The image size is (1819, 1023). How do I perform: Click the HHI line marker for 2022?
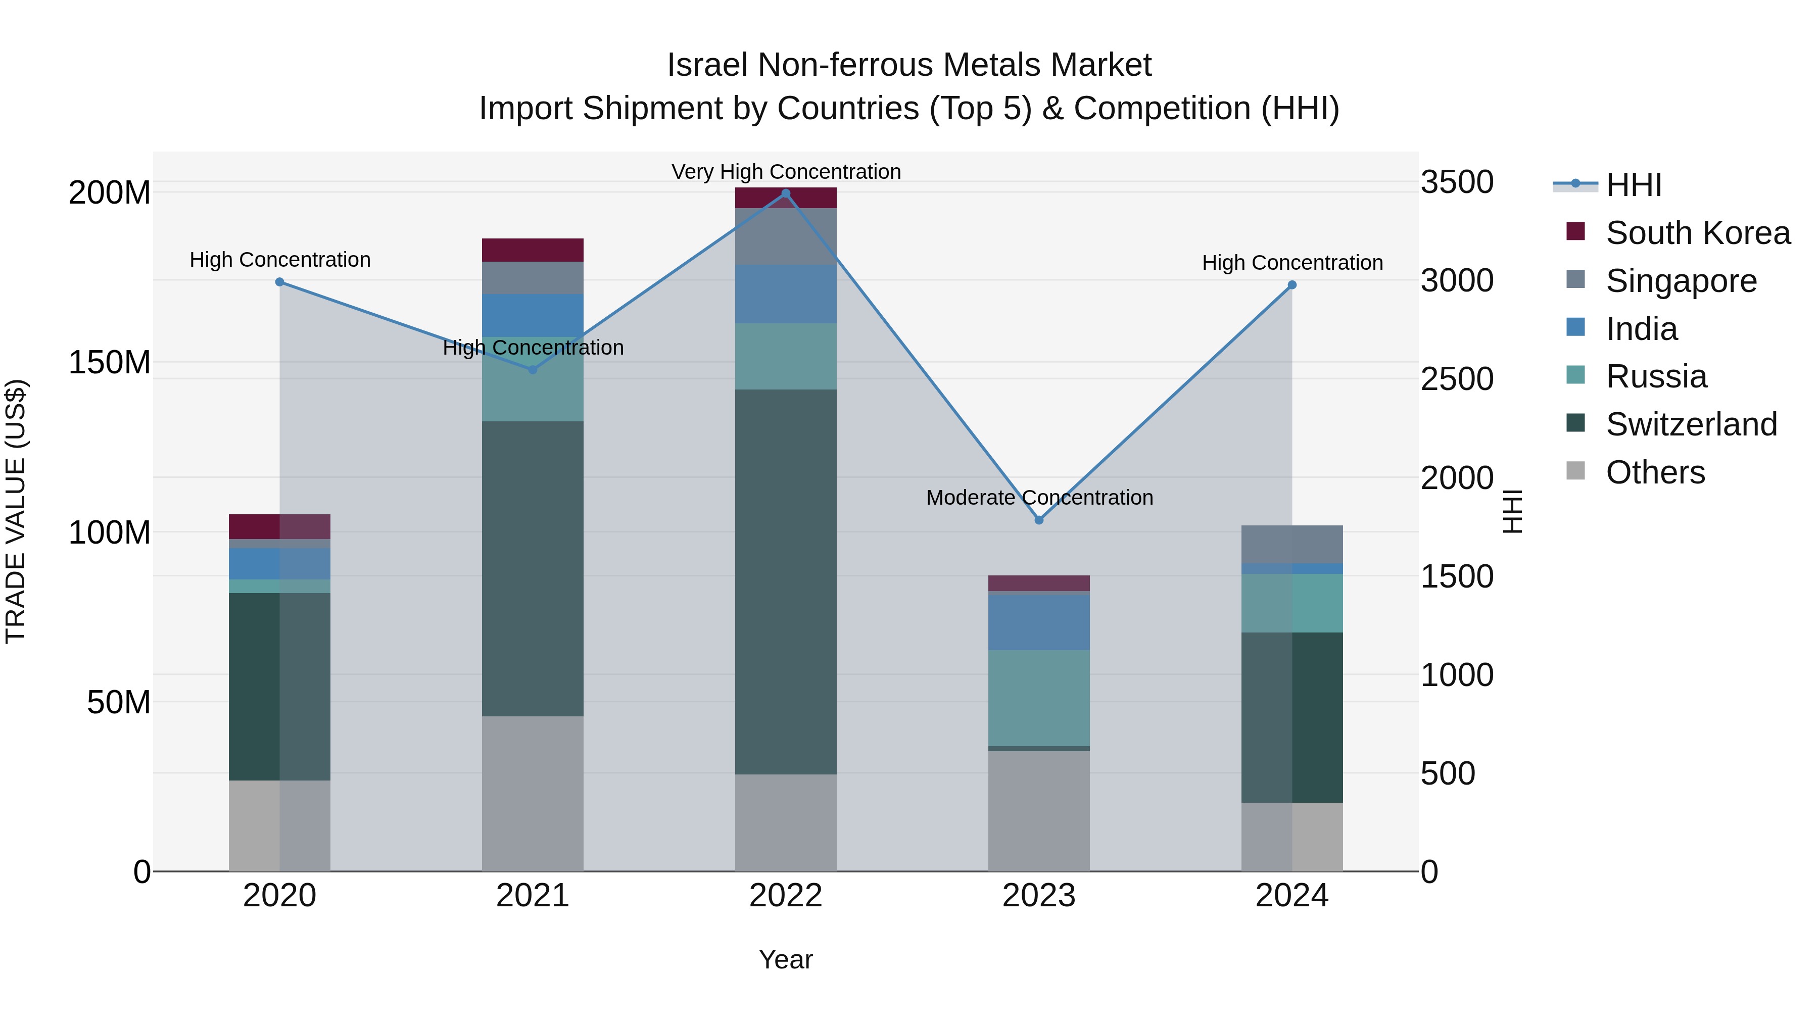(x=785, y=193)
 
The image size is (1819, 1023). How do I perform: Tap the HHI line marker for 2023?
(x=1039, y=520)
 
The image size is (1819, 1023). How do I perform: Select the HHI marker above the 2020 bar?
(x=279, y=282)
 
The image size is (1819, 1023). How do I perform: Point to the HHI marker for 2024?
(x=1291, y=285)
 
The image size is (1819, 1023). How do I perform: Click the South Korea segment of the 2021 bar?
(x=533, y=250)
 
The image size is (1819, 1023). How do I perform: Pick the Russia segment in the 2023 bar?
(x=1039, y=698)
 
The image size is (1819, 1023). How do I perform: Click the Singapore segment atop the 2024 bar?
(x=1291, y=544)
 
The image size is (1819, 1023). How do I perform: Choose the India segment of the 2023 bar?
(x=1039, y=622)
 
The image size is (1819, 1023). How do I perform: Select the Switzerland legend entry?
(x=1691, y=424)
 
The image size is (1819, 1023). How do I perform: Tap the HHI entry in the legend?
(x=1633, y=185)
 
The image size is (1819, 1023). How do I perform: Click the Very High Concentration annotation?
(x=785, y=172)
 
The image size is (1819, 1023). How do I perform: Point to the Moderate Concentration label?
(x=1039, y=497)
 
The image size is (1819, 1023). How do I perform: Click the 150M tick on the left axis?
(x=110, y=362)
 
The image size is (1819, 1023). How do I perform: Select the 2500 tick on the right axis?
(x=1456, y=379)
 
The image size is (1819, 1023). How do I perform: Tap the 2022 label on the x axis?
(x=785, y=896)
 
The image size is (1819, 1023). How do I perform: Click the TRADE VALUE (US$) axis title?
(x=16, y=511)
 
